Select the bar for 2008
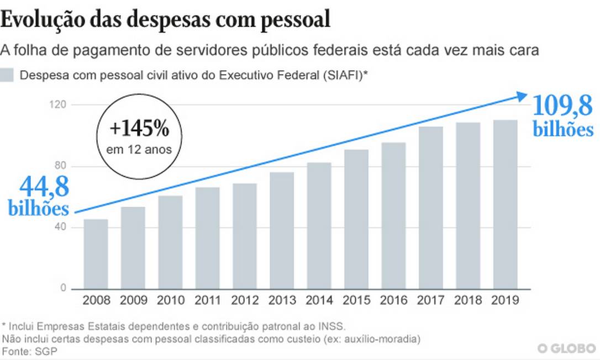click(x=96, y=254)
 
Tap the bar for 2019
click(x=505, y=204)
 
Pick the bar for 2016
click(x=393, y=215)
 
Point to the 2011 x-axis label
click(x=208, y=301)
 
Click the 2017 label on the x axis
click(x=430, y=301)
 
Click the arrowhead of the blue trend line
click(x=522, y=97)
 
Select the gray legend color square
click(x=7, y=76)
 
